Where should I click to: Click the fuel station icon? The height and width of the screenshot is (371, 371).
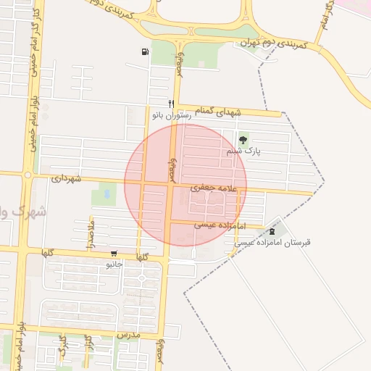coord(146,51)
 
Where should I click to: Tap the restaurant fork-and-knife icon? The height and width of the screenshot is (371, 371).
coord(172,103)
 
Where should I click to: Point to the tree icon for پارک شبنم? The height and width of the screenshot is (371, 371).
coord(242,139)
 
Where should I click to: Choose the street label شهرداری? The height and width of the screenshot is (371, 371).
coord(67,178)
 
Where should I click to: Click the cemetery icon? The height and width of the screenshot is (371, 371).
coord(272,230)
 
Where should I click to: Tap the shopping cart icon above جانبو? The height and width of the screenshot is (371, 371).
coord(114,254)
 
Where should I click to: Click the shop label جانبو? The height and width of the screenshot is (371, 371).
coord(114,264)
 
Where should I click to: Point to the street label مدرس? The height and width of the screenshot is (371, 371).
coord(128,336)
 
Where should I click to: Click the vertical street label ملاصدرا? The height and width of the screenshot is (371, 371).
coord(91,235)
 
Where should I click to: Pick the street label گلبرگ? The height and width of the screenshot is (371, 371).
coord(62,341)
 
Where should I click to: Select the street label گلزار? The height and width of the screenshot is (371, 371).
coord(88,341)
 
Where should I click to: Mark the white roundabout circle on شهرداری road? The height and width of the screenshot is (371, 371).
coord(28,175)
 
